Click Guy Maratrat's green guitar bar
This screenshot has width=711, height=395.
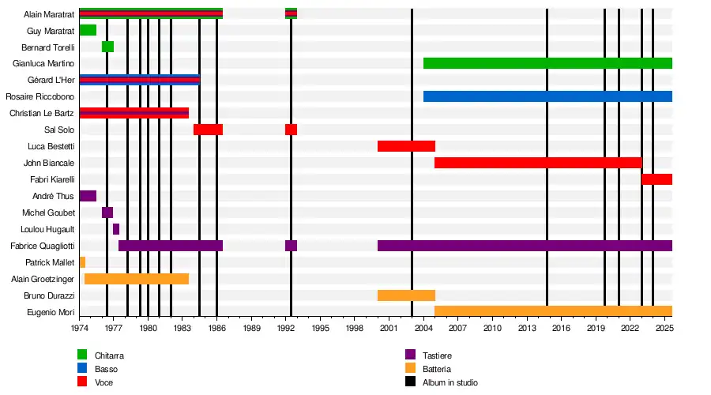(88, 30)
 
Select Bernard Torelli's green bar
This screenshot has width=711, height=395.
(107, 47)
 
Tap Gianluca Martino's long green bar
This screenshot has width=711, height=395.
(547, 63)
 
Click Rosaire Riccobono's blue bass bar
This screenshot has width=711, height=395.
(547, 96)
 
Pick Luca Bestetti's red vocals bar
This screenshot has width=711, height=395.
(406, 146)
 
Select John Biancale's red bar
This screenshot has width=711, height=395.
(538, 163)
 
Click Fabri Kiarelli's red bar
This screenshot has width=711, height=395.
(656, 179)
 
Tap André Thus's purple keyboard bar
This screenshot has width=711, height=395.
(88, 196)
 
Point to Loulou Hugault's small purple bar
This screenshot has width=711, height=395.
(116, 229)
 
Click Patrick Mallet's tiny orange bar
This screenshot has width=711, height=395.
(82, 262)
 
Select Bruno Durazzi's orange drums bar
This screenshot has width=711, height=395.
(406, 295)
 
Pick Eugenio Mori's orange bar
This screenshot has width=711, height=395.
(553, 311)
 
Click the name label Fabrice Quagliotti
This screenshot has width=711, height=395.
(43, 246)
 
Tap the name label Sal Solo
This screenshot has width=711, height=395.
(60, 130)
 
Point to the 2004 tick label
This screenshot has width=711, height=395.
(423, 327)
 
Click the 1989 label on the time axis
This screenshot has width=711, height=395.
(251, 327)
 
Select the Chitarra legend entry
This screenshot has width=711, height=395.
(109, 355)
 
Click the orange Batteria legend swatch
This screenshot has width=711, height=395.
(410, 369)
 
